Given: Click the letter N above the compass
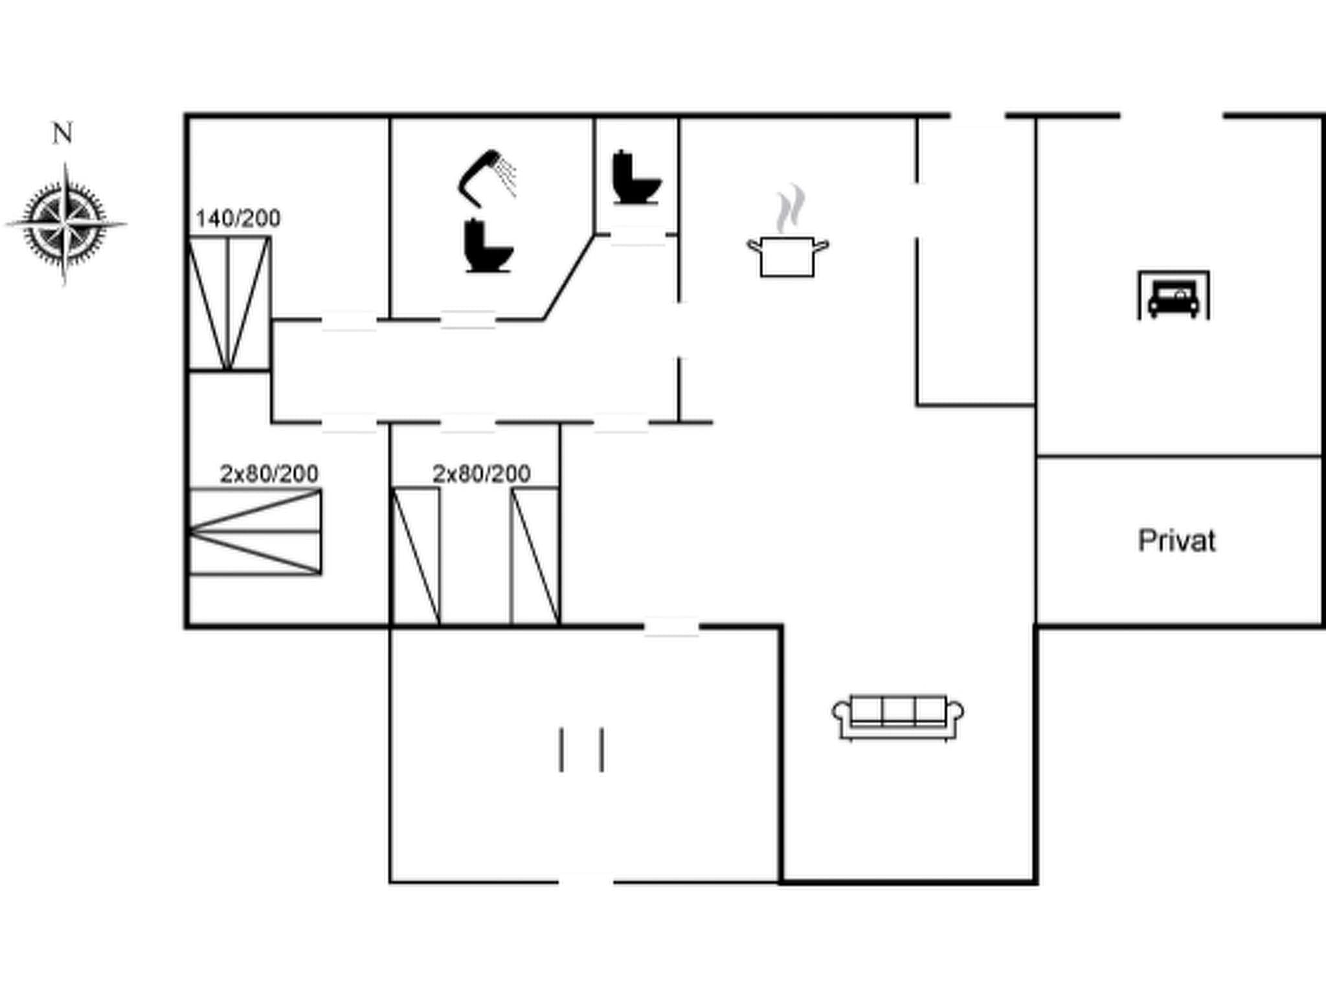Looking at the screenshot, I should click(62, 133).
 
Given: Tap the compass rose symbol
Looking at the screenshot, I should click(65, 223).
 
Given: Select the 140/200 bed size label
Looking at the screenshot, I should click(238, 219).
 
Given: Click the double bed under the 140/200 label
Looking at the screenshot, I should click(229, 303).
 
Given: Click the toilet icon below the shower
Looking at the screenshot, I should click(488, 246).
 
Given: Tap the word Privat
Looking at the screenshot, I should click(1176, 540).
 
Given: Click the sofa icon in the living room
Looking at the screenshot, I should click(897, 717).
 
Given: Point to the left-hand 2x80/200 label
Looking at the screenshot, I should click(269, 474).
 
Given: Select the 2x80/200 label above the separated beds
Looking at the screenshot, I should click(482, 474).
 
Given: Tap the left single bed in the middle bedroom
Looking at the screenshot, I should click(416, 556).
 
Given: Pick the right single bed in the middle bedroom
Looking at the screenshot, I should click(535, 556).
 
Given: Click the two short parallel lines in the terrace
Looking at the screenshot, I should click(581, 749).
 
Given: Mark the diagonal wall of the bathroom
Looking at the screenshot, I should click(569, 277).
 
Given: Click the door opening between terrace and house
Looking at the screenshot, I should click(671, 626).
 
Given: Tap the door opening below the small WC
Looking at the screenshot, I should click(637, 235).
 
